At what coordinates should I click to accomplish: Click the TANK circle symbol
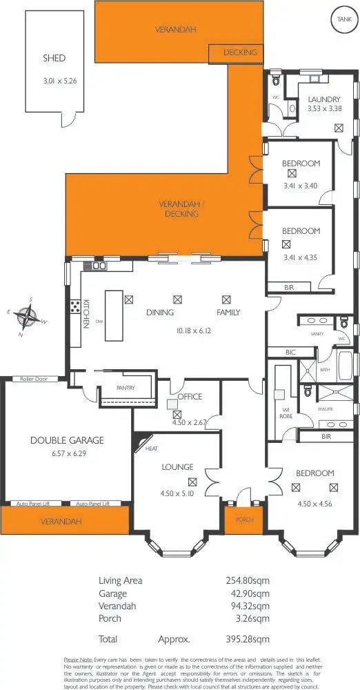click(343, 19)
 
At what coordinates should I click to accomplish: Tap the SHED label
click(54, 59)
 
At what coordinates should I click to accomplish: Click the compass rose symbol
click(27, 318)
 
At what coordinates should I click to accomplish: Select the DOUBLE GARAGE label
click(66, 440)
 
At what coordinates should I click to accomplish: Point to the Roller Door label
click(34, 379)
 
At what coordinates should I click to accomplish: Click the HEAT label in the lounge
click(152, 449)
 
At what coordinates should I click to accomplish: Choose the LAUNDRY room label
click(324, 99)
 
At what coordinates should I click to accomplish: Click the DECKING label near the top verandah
click(240, 52)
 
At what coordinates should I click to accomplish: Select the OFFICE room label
click(189, 397)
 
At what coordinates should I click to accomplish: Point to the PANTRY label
click(125, 388)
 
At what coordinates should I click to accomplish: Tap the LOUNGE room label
click(177, 467)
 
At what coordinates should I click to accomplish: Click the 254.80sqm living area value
click(247, 580)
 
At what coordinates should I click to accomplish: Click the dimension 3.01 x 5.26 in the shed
click(60, 81)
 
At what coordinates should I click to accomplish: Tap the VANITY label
click(317, 334)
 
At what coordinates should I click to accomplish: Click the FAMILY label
click(228, 313)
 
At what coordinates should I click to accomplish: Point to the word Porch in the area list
click(110, 619)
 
